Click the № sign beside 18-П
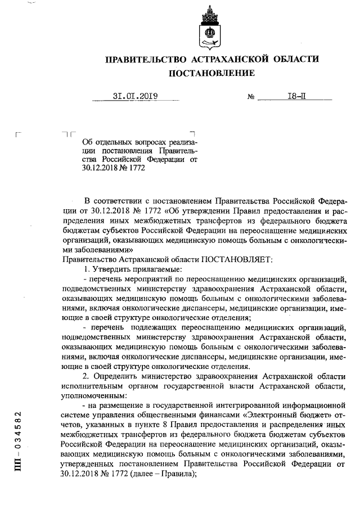[x=251, y=97]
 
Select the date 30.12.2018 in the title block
[x=98, y=167]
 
